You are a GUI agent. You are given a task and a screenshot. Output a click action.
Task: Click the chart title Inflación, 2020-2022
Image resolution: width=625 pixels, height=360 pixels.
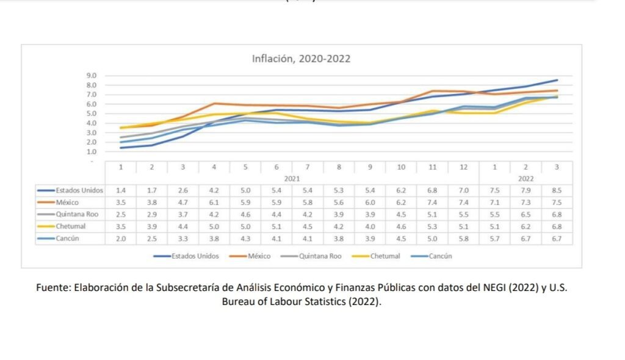point(302,59)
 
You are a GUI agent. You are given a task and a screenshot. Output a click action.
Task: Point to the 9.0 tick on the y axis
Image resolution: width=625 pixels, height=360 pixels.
point(92,76)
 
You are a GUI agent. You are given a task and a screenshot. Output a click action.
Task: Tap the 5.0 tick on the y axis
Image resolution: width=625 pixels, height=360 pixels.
point(92,113)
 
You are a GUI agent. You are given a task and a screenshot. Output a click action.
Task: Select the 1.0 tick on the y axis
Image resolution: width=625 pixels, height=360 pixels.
point(92,151)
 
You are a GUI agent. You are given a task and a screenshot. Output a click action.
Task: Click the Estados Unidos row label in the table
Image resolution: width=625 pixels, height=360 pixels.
point(79,190)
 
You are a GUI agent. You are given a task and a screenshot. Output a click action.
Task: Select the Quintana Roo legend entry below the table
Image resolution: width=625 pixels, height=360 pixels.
point(320,256)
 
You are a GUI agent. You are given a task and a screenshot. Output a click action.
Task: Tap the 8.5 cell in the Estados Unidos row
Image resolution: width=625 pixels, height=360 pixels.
point(557,190)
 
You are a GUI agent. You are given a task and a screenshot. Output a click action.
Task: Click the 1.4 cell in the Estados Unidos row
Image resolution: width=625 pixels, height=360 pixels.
point(121,190)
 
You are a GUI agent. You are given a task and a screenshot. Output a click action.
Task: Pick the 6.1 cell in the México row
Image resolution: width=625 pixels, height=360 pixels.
point(214,203)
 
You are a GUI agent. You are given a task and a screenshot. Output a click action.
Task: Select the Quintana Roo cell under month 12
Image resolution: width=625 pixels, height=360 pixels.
point(464,215)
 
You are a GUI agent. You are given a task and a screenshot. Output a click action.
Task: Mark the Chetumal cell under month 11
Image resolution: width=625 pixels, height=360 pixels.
point(433,226)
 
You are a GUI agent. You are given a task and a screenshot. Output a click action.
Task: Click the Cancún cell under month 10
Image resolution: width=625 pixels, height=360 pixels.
point(402,239)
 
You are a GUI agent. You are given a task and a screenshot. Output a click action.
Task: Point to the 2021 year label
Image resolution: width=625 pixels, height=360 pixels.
point(292,179)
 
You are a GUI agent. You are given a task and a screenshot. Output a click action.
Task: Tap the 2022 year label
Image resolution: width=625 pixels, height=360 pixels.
point(526,179)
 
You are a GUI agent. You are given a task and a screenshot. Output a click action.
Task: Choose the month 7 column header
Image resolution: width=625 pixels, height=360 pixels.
point(308,167)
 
